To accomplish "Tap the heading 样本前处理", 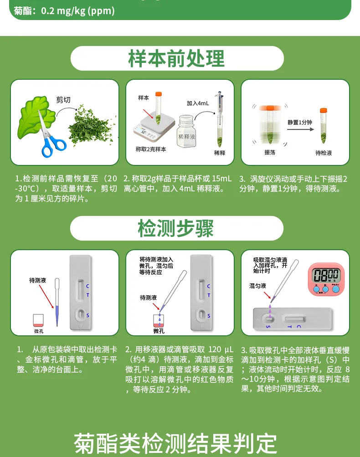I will pyautogui.click(x=177, y=58).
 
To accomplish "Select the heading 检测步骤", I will pyautogui.click(x=176, y=228).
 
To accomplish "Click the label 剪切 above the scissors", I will pyautogui.click(x=63, y=100).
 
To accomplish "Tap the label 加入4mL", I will pyautogui.click(x=197, y=103).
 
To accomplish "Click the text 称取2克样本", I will pyautogui.click(x=151, y=149).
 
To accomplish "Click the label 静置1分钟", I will pyautogui.click(x=299, y=123).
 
